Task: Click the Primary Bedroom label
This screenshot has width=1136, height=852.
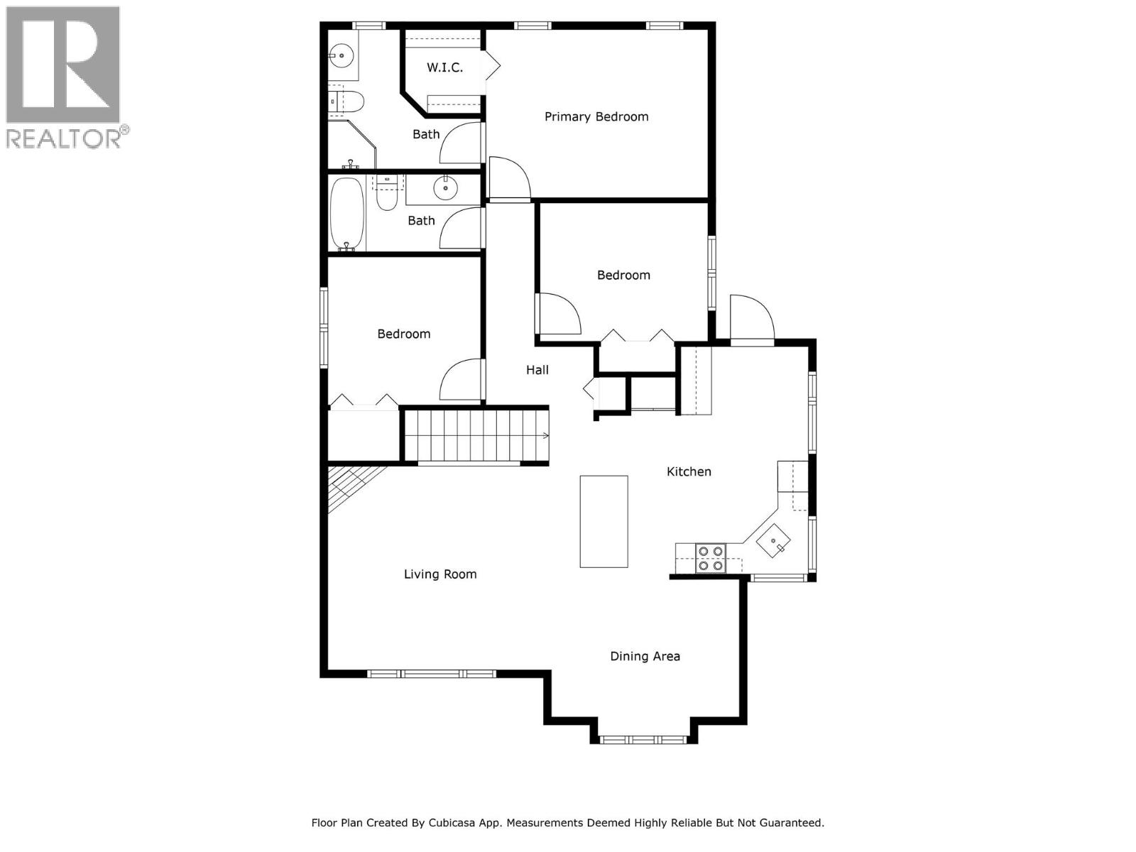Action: pos(596,117)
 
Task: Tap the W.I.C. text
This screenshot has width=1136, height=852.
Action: pos(444,67)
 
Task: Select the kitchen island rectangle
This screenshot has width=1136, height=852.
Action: pos(603,521)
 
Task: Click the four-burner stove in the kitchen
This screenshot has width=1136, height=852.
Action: pos(710,557)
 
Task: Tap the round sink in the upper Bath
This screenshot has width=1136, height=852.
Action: pos(342,53)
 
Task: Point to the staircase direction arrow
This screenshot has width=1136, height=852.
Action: pos(545,435)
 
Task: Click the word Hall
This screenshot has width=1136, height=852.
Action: pos(537,370)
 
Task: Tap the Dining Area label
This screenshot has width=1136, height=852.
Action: pos(645,657)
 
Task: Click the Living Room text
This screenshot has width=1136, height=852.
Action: pos(440,574)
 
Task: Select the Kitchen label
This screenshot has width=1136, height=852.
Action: pos(689,471)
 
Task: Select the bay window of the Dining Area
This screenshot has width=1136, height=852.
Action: pos(643,740)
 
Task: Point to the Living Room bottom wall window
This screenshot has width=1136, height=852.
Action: pos(431,673)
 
